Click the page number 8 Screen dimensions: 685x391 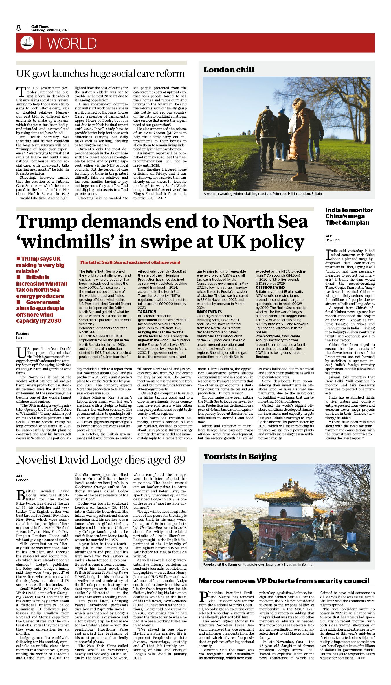pyautogui.click(x=19, y=28)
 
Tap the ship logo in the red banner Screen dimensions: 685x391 pyautogui.click(x=27, y=43)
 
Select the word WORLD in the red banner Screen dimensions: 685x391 pyautogui.click(x=72, y=43)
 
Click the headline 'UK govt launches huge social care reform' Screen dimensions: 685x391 pyautogui.click(x=100, y=74)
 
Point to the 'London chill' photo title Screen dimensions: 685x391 pyautogui.click(x=229, y=70)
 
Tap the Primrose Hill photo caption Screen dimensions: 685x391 pyautogui.click(x=263, y=193)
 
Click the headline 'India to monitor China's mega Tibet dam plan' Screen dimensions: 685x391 pyautogui.click(x=349, y=216)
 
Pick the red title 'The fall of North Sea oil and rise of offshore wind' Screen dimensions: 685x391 pyautogui.click(x=130, y=262)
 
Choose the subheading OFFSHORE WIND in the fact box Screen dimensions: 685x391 pyautogui.click(x=270, y=288)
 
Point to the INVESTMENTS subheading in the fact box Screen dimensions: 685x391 pyautogui.click(x=209, y=312)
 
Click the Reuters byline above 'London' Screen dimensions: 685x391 pyautogui.click(x=23, y=334)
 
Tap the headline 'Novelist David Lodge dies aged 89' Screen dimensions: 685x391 pyautogui.click(x=101, y=460)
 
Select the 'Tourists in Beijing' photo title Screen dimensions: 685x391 pyautogui.click(x=240, y=457)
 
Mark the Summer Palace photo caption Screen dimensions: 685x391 pyautogui.click(x=258, y=564)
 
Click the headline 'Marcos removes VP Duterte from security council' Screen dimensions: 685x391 pyautogui.click(x=284, y=581)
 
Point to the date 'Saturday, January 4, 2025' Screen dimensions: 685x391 pyautogui.click(x=50, y=30)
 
